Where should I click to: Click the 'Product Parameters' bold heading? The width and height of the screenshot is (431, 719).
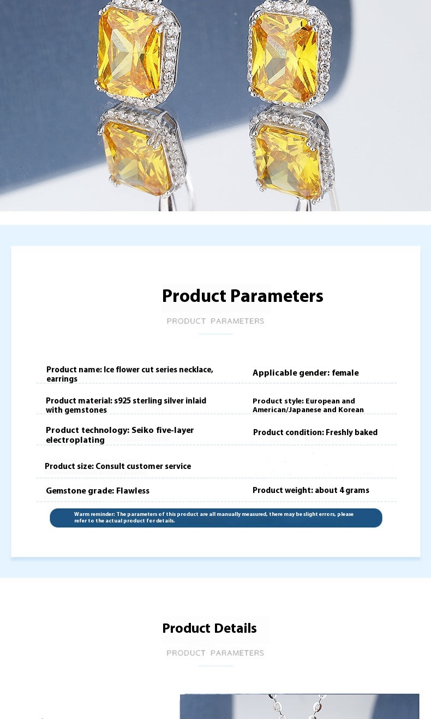coord(242,295)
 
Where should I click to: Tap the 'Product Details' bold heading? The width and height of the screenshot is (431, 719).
coord(209,628)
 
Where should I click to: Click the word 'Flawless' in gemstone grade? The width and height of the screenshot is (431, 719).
coord(133,490)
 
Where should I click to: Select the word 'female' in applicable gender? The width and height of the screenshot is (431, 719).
coord(345,373)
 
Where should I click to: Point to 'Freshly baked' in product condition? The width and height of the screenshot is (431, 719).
coord(351,432)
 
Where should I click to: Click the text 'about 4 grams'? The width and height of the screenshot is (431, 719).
coord(342,490)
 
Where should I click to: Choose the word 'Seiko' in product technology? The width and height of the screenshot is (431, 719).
coord(143,430)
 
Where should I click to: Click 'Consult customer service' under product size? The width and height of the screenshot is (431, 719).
coord(143,466)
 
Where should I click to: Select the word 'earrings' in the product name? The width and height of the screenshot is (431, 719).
coord(62,379)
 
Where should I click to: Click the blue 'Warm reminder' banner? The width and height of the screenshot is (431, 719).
coord(216,518)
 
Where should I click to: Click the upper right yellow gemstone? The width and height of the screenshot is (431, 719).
coord(285,58)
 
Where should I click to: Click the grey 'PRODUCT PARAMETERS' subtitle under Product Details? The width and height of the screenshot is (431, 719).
coord(215,653)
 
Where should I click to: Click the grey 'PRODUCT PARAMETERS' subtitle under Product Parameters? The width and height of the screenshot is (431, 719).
coord(215,321)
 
